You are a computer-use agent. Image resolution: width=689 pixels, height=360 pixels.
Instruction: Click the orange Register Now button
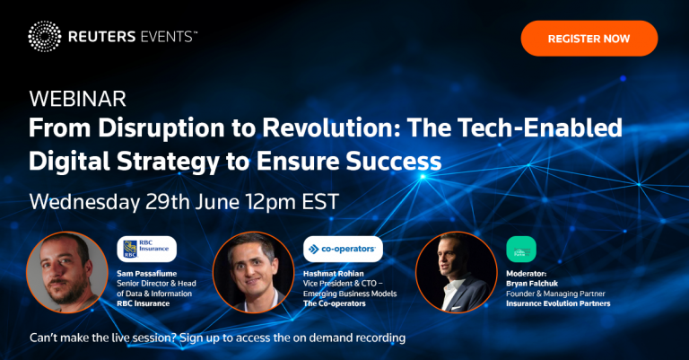tap(589, 39)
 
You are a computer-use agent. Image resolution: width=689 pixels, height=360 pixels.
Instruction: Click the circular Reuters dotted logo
tap(45, 37)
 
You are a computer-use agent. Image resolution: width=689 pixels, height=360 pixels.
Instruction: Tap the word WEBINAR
tap(78, 99)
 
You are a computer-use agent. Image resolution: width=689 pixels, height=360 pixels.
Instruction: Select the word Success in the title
tap(393, 162)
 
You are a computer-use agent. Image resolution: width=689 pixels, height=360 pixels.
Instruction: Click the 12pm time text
tap(270, 202)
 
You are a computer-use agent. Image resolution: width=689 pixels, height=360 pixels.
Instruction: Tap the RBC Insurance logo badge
tap(147, 249)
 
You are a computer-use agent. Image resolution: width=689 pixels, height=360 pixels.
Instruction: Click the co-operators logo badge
tap(343, 249)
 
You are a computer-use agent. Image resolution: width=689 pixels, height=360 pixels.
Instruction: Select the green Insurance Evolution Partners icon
tap(521, 250)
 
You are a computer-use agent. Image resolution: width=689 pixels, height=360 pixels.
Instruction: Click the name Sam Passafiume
tap(147, 274)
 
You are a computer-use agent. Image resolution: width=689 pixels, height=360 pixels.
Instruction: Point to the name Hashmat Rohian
tap(334, 274)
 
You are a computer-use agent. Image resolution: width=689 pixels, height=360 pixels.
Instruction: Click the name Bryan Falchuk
tap(532, 284)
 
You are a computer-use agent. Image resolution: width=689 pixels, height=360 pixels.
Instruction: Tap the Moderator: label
tap(527, 274)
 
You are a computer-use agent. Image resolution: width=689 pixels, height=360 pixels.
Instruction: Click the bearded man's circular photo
tap(66, 272)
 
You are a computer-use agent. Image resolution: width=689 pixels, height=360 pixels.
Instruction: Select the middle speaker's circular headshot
tap(253, 272)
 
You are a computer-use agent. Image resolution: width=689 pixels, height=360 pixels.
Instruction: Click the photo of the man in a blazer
tap(456, 272)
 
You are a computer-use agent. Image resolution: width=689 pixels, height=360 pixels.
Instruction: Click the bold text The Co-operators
tap(335, 303)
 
